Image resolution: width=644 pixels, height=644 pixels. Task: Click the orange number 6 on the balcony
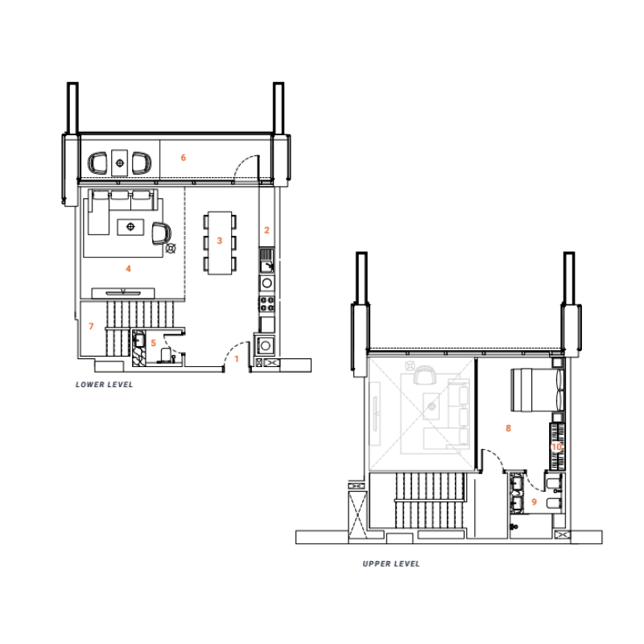point(184,157)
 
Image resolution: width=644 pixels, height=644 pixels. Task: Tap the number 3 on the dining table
point(219,241)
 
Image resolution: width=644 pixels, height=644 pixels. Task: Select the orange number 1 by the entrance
point(237,359)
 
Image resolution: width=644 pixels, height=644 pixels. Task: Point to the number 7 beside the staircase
point(92,326)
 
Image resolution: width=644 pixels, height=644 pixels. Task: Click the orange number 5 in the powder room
point(153,342)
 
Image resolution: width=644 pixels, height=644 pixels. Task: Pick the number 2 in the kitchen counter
point(266,230)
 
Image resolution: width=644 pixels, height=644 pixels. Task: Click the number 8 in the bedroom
point(508,428)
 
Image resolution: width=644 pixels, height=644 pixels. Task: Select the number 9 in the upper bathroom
point(533,501)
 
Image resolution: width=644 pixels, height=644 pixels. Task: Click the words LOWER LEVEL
point(104,385)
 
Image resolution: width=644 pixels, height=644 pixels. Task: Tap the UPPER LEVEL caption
point(391,563)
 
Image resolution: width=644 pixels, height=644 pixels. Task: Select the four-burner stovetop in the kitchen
point(266,303)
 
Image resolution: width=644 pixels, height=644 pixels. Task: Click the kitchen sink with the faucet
point(266,262)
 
